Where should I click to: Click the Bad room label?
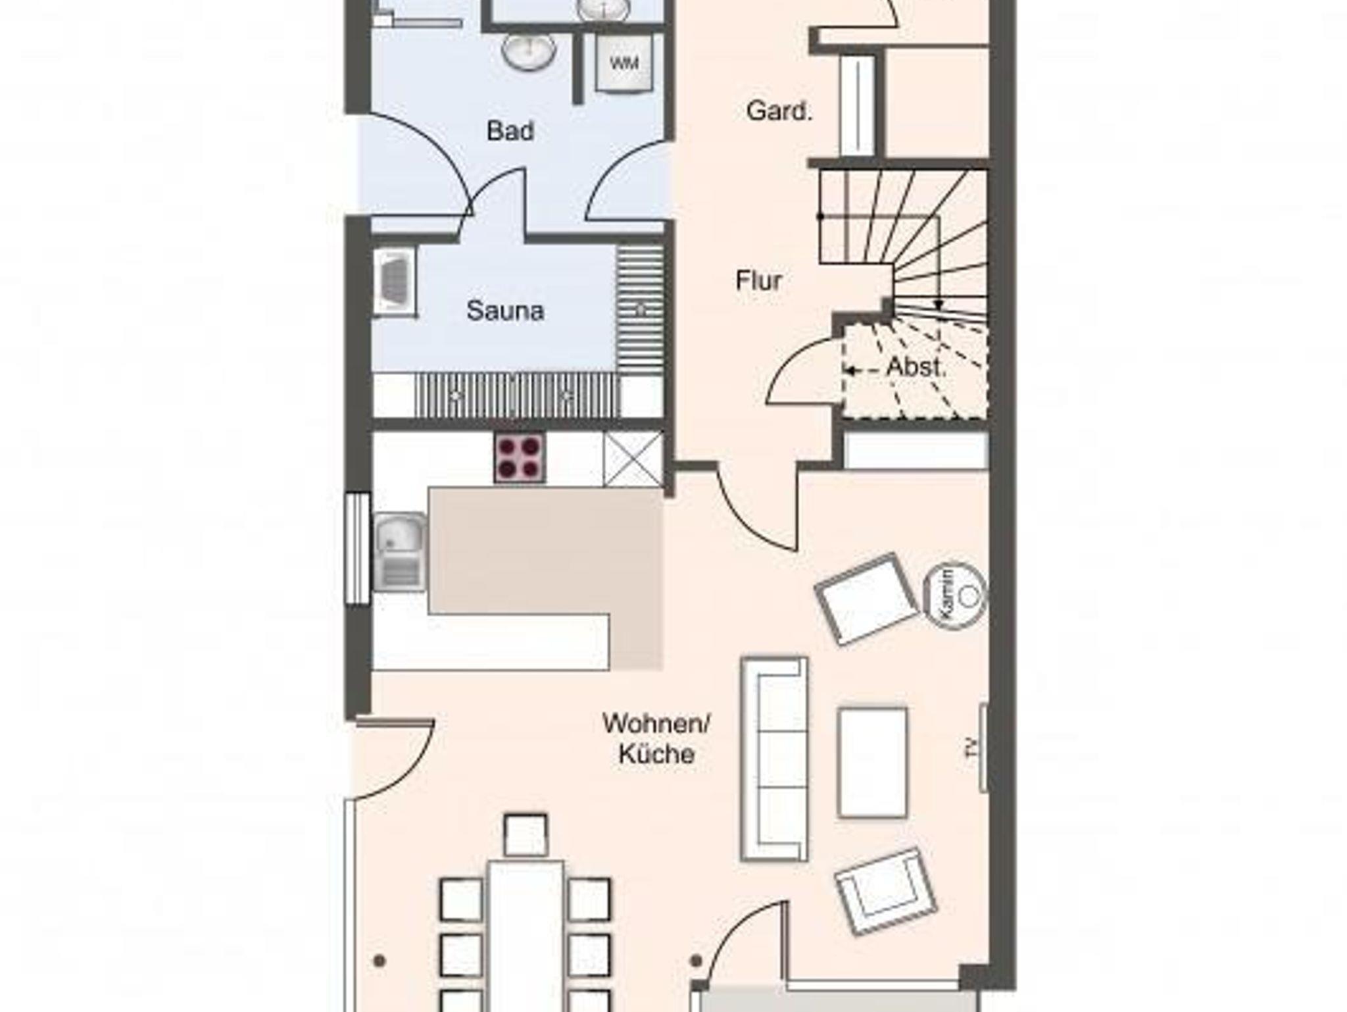[510, 131]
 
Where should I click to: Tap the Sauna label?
[505, 311]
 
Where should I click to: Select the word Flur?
[758, 281]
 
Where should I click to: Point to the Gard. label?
[779, 111]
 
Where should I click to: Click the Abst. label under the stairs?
[916, 367]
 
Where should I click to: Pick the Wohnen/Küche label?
[656, 739]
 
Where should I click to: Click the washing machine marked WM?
[624, 63]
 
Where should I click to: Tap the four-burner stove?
[520, 457]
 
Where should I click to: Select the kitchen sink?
[401, 551]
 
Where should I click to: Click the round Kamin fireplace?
[956, 595]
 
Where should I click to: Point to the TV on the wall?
[983, 747]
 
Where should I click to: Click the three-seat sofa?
[774, 759]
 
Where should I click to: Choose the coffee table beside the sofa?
[872, 763]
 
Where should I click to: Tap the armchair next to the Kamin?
[867, 598]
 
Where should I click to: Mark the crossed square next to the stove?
[633, 459]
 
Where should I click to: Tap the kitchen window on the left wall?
[358, 548]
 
